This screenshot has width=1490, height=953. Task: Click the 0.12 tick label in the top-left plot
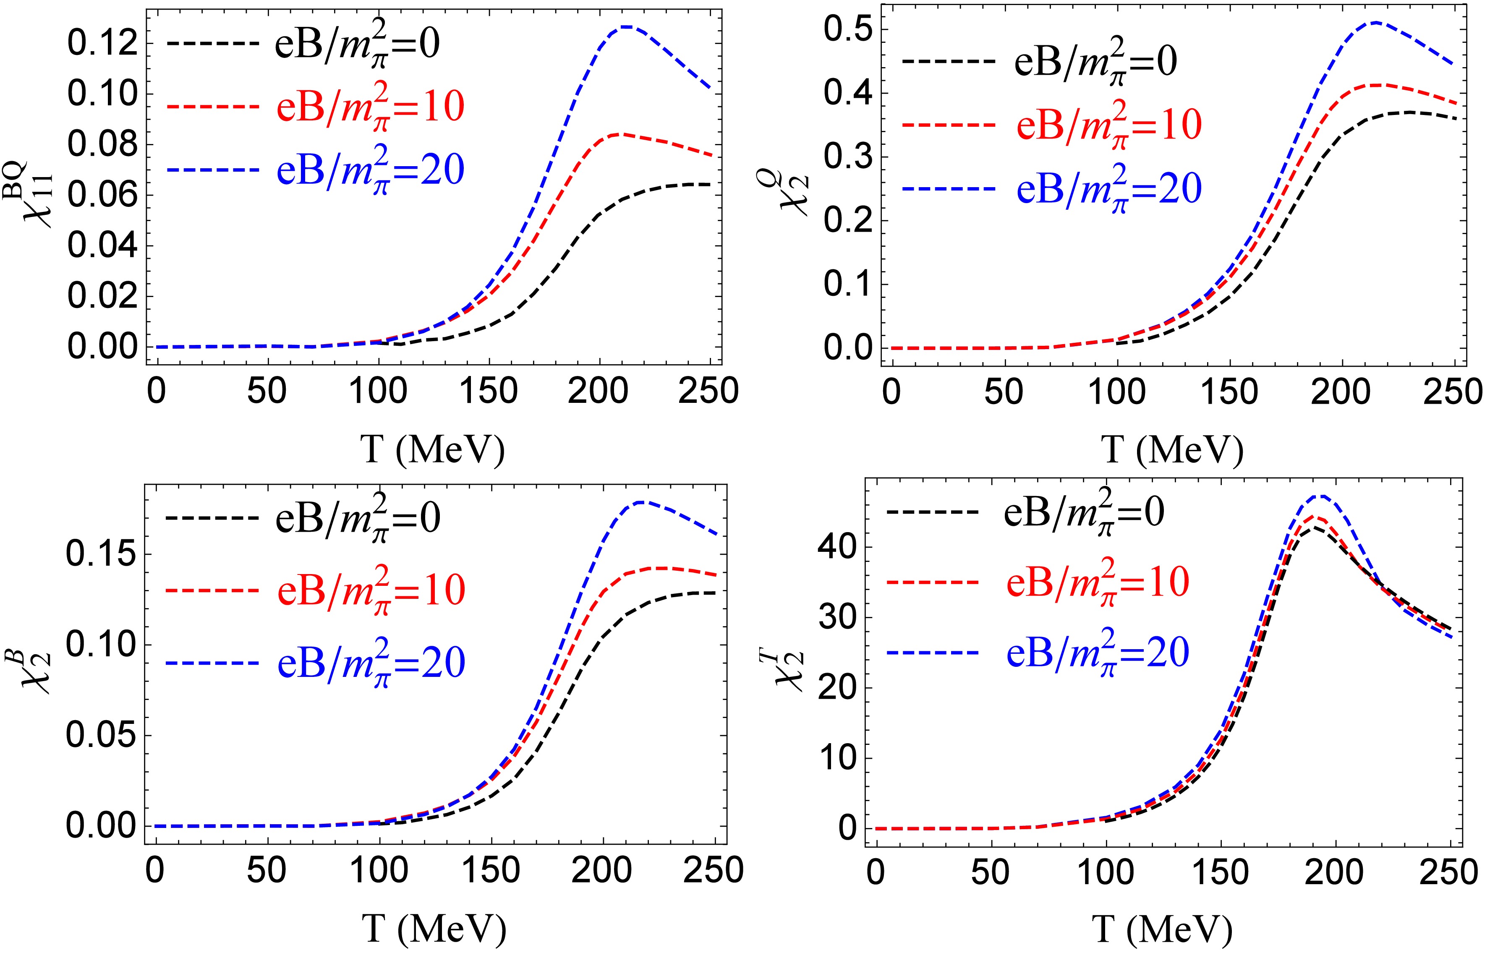point(102,44)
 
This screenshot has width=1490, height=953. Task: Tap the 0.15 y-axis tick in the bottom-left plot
point(101,554)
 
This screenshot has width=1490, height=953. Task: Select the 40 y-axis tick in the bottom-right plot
point(840,547)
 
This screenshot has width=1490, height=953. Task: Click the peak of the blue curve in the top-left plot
point(626,26)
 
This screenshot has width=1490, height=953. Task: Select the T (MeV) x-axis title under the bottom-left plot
point(434,928)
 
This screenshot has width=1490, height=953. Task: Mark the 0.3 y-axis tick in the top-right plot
point(848,158)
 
